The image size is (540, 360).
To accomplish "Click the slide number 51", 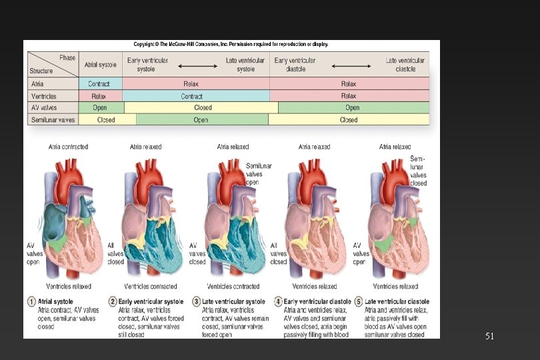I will point(489,337).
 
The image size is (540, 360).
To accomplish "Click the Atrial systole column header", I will point(100,65).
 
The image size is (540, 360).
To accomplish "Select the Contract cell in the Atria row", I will point(99,84).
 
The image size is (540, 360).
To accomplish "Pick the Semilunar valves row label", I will point(53,120).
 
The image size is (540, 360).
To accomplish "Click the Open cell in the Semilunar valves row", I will point(201,120).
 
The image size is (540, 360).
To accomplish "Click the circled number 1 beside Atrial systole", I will point(31,302).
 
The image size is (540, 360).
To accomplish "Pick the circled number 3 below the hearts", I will point(197,302).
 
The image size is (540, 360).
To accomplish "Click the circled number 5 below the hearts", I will point(359,302).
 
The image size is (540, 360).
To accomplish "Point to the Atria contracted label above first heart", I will point(68,147).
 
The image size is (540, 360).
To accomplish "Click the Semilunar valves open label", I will point(253,173).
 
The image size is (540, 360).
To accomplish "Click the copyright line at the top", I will point(231,45).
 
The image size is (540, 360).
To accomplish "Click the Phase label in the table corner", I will point(67,58).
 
